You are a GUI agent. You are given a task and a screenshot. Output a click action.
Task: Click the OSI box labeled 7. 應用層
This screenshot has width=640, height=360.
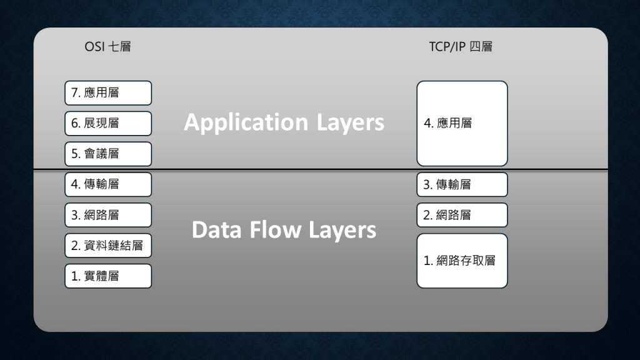(x=108, y=93)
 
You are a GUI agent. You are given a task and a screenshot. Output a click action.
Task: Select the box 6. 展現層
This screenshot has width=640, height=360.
(x=108, y=123)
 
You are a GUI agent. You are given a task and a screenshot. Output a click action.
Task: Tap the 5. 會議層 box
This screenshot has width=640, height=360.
(x=108, y=154)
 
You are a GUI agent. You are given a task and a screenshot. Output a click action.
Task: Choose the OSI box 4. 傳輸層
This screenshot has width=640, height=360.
(x=108, y=184)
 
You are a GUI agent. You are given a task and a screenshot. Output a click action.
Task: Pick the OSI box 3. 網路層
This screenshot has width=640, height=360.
(x=108, y=215)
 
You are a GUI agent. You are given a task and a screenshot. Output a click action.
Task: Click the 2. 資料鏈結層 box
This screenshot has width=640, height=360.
(x=108, y=246)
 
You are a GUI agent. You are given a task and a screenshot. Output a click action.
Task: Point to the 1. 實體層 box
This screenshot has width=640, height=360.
(x=108, y=276)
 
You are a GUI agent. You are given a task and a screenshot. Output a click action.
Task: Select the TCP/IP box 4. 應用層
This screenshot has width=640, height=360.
(x=462, y=123)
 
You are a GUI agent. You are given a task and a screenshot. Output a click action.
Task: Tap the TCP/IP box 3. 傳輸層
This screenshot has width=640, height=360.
(x=462, y=184)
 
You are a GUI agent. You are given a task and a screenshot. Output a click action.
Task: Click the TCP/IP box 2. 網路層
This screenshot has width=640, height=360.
(x=462, y=215)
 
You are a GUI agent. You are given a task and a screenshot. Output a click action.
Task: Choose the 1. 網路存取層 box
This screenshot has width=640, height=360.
(x=462, y=261)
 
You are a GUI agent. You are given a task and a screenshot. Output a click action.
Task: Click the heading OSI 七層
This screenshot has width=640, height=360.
(x=107, y=46)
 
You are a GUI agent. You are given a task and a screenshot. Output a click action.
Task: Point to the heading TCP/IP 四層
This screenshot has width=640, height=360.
(x=461, y=46)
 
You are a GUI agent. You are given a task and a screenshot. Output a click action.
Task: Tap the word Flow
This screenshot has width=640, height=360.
(x=275, y=229)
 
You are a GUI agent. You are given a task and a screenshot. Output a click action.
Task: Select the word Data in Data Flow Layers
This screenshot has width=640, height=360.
(x=217, y=229)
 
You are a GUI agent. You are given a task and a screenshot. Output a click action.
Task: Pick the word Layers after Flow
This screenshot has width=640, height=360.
(x=342, y=230)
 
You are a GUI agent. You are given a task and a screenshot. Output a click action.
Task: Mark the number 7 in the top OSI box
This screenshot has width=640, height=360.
(x=75, y=92)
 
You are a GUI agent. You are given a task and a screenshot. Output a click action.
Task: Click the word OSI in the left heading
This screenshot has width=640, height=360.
(x=95, y=46)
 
